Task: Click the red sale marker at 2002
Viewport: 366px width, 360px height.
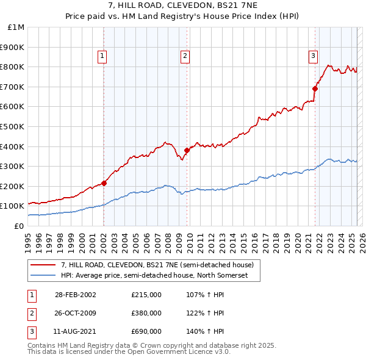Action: pyautogui.click(x=104, y=182)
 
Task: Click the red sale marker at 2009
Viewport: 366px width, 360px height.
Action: pyautogui.click(x=187, y=150)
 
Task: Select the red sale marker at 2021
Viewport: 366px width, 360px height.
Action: pyautogui.click(x=315, y=88)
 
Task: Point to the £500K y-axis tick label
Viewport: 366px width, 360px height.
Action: pyautogui.click(x=13, y=126)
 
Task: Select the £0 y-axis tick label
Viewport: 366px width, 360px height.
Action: pyautogui.click(x=19, y=226)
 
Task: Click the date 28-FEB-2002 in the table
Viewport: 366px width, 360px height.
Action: pyautogui.click(x=75, y=295)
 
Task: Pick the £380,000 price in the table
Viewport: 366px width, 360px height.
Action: pyautogui.click(x=146, y=313)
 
